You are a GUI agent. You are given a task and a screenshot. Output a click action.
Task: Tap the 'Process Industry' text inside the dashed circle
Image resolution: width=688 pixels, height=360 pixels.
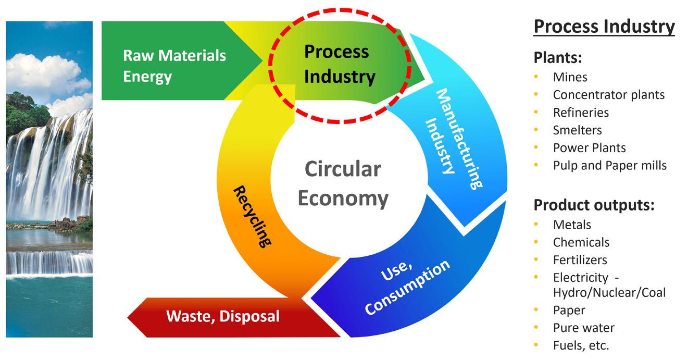click(x=340, y=64)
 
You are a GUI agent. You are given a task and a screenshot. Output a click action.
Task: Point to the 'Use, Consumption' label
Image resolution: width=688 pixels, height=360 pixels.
click(x=406, y=286)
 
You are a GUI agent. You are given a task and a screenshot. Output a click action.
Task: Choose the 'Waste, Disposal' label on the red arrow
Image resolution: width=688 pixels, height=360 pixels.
click(x=222, y=316)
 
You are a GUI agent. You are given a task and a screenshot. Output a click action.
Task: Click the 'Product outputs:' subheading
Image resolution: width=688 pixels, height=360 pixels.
click(x=594, y=205)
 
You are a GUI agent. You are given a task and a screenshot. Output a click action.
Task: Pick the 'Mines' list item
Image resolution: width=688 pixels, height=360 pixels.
click(x=570, y=77)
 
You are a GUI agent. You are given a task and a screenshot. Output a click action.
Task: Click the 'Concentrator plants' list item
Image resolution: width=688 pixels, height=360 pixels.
click(x=608, y=95)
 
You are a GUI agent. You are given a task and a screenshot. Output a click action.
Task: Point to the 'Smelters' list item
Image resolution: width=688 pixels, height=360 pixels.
click(x=577, y=130)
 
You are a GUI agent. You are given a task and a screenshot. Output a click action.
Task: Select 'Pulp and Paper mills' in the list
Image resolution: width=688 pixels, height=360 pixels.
click(x=609, y=165)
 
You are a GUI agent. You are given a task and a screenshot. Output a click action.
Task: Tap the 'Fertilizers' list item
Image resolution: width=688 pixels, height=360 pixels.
click(x=580, y=259)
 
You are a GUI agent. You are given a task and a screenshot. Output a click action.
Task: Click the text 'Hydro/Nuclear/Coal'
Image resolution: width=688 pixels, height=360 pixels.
click(x=609, y=293)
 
